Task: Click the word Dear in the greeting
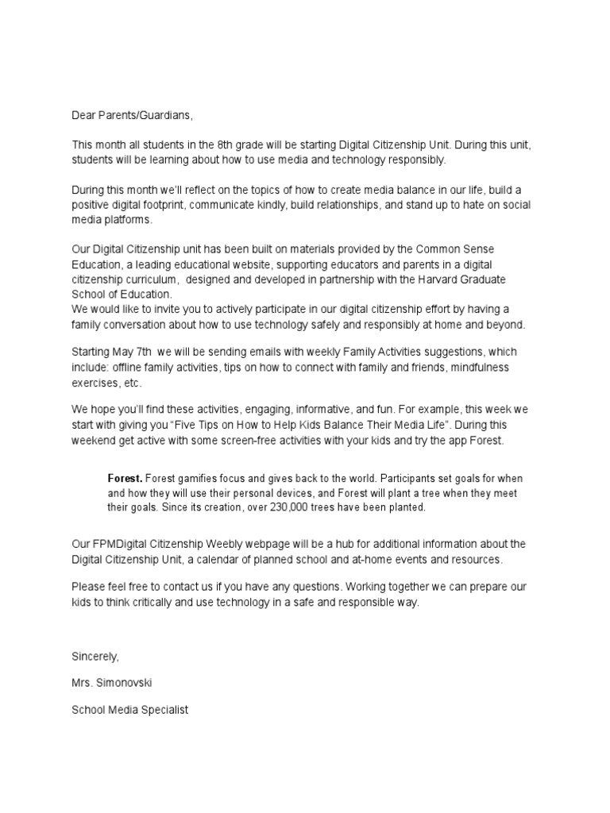coord(85,116)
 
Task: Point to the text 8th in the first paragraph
coord(230,145)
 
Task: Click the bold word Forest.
coord(125,479)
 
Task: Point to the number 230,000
coord(279,507)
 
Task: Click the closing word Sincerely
coord(95,657)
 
